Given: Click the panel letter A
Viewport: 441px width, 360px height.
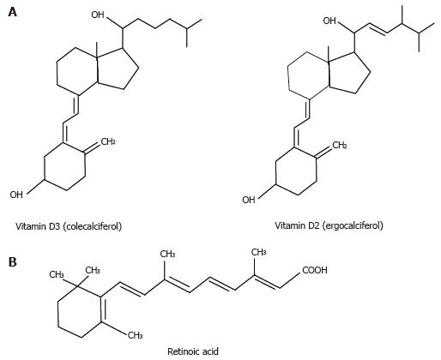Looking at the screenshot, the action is [x=13, y=12].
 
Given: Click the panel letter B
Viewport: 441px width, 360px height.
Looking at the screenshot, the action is [x=13, y=262].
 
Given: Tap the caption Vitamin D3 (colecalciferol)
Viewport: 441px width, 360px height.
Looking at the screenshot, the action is [x=69, y=226].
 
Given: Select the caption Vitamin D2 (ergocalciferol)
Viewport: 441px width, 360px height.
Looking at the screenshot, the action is [x=329, y=225].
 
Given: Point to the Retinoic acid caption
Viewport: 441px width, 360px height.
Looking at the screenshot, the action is [x=193, y=351].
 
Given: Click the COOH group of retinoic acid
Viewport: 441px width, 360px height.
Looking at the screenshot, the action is [x=315, y=270].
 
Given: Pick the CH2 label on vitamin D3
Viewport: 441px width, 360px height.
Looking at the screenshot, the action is [x=108, y=141].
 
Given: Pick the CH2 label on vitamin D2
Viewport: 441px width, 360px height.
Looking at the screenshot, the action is [x=340, y=146].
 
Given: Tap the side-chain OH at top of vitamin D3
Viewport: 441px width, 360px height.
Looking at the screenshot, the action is [x=98, y=15].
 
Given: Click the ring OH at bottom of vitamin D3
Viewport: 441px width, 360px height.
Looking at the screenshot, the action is [x=16, y=195].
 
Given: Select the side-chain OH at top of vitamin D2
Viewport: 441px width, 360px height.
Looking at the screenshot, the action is [x=329, y=21].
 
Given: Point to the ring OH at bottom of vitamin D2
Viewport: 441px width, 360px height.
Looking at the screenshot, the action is [x=249, y=200].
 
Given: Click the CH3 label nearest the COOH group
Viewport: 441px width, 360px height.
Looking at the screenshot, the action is [x=259, y=252].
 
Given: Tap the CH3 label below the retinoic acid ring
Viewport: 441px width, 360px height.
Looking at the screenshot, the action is [x=135, y=335].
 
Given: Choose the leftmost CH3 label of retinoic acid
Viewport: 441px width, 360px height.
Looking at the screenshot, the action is [x=57, y=274].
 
